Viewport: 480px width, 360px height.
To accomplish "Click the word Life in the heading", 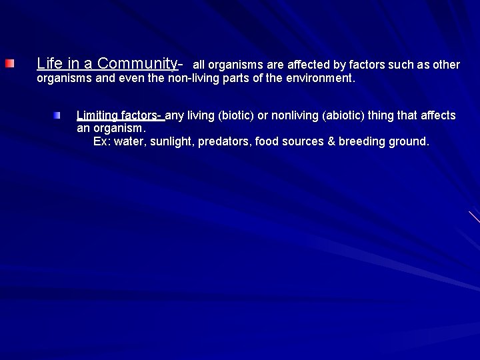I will click(49, 63).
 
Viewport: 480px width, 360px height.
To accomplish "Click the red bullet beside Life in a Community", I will click(9, 63).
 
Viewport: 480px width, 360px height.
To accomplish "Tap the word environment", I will click(319, 79).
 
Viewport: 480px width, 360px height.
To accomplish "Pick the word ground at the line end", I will click(409, 141).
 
